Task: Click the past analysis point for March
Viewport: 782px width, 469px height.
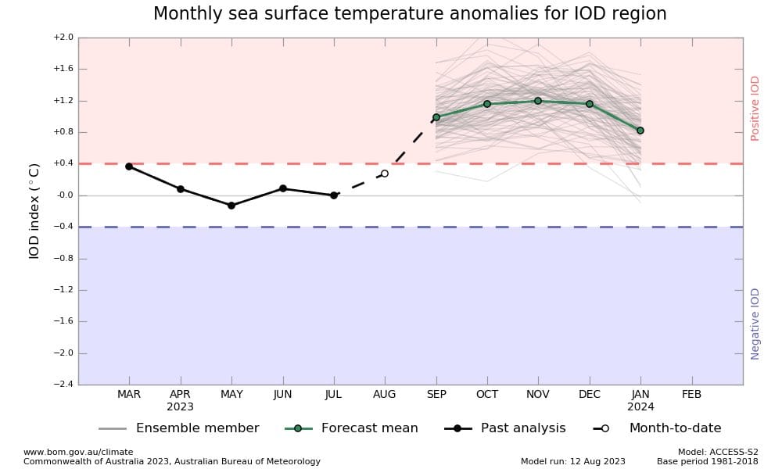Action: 129,166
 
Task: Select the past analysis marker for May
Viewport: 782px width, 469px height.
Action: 231,206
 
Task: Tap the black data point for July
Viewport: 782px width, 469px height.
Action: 334,195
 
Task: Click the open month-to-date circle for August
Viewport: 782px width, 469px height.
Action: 385,174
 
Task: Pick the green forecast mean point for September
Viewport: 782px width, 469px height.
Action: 436,117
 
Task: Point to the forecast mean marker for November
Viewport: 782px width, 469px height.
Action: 538,101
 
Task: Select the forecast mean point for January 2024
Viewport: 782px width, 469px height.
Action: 640,131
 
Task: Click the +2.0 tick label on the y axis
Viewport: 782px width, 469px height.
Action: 63,38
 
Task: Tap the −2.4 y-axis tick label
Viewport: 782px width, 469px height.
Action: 63,385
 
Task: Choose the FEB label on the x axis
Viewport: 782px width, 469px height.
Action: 692,395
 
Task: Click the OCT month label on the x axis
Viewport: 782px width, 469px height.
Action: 487,395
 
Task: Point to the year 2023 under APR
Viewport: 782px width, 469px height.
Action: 180,407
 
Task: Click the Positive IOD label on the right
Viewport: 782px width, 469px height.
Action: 755,108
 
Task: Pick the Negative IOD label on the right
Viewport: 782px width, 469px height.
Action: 755,324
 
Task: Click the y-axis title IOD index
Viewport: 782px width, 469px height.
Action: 34,211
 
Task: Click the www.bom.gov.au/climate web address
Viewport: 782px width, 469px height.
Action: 78,452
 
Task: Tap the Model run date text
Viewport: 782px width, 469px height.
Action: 573,461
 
